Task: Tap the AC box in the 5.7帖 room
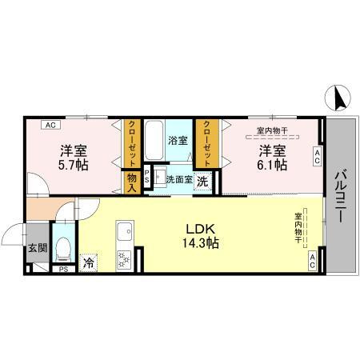tap(50, 125)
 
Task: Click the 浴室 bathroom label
tap(177, 140)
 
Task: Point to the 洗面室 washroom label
tap(178, 179)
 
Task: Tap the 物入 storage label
tap(132, 181)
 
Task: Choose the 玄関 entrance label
tap(37, 248)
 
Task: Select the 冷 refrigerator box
tap(88, 261)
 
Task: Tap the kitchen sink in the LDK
tap(125, 234)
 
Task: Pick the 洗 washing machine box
tap(203, 181)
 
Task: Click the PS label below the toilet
tap(62, 270)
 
